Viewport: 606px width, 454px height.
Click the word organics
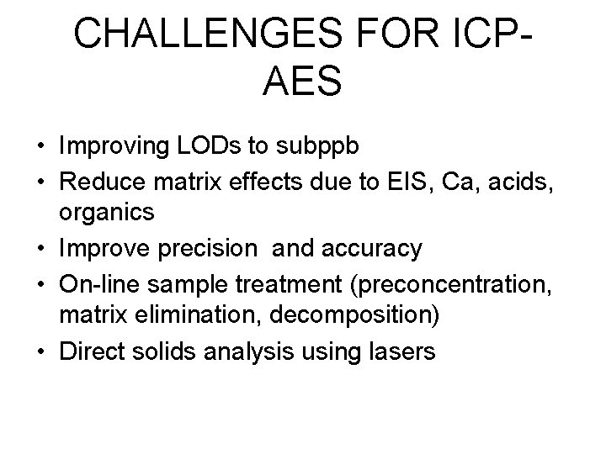pos(107,213)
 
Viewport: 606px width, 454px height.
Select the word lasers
pos(401,351)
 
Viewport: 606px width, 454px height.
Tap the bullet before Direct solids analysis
pos(40,351)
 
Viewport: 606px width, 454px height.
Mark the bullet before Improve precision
pos(40,248)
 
